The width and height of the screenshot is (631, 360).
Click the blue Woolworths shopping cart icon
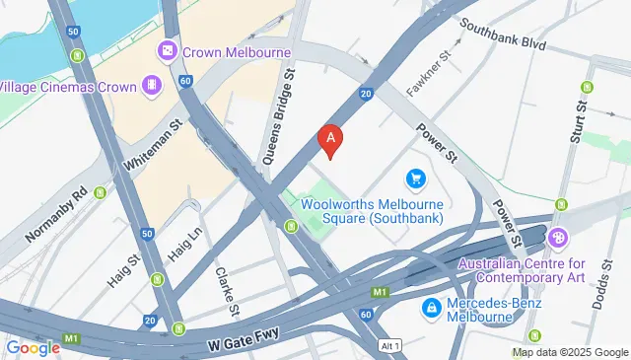point(415,179)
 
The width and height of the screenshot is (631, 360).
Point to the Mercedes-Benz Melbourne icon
point(431,309)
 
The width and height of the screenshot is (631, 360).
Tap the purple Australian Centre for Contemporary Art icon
point(559,238)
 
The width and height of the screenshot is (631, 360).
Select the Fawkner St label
point(429,70)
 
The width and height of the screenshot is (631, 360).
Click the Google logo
point(34,347)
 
